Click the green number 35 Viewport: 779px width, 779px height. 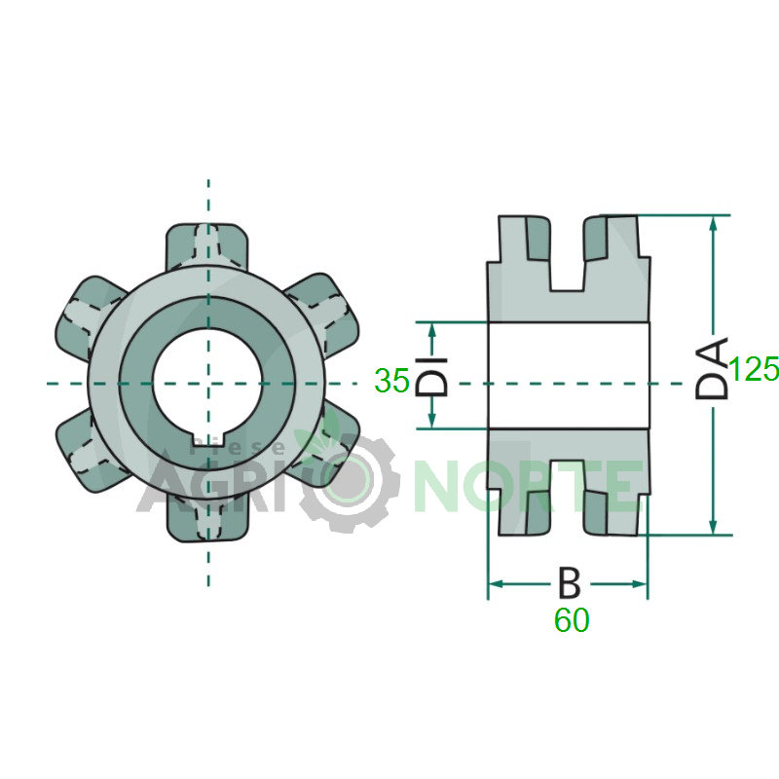point(392,381)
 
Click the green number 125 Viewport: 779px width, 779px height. point(754,369)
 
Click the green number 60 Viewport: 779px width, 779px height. point(572,620)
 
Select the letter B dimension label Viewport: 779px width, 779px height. point(569,582)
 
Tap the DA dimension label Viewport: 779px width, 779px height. point(712,368)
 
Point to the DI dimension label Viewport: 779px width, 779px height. point(431,376)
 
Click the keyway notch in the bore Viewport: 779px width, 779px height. point(208,440)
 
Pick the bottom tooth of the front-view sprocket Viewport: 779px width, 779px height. point(207,522)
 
